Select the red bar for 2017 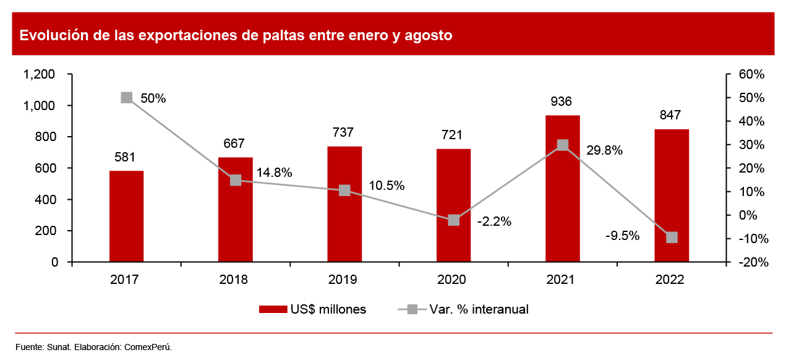tap(127, 216)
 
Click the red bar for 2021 tap(563, 189)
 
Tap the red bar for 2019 tap(344, 204)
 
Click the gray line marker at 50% tap(127, 98)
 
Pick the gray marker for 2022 tap(672, 238)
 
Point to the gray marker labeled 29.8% tap(563, 145)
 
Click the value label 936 tap(562, 102)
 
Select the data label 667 tap(235, 144)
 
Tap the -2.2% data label tap(494, 221)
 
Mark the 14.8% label tap(274, 173)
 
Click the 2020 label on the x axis tap(452, 280)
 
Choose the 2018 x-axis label tap(234, 280)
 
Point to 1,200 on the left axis tap(39, 74)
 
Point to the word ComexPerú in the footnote tap(148, 347)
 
